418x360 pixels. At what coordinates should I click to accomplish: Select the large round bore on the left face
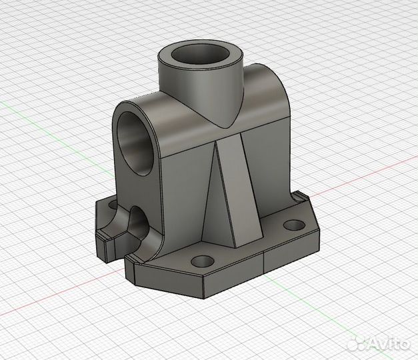[135, 144]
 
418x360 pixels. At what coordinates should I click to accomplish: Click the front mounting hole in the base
[203, 261]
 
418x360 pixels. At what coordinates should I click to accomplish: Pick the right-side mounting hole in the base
[294, 225]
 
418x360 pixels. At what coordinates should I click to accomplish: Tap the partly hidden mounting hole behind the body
[113, 205]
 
